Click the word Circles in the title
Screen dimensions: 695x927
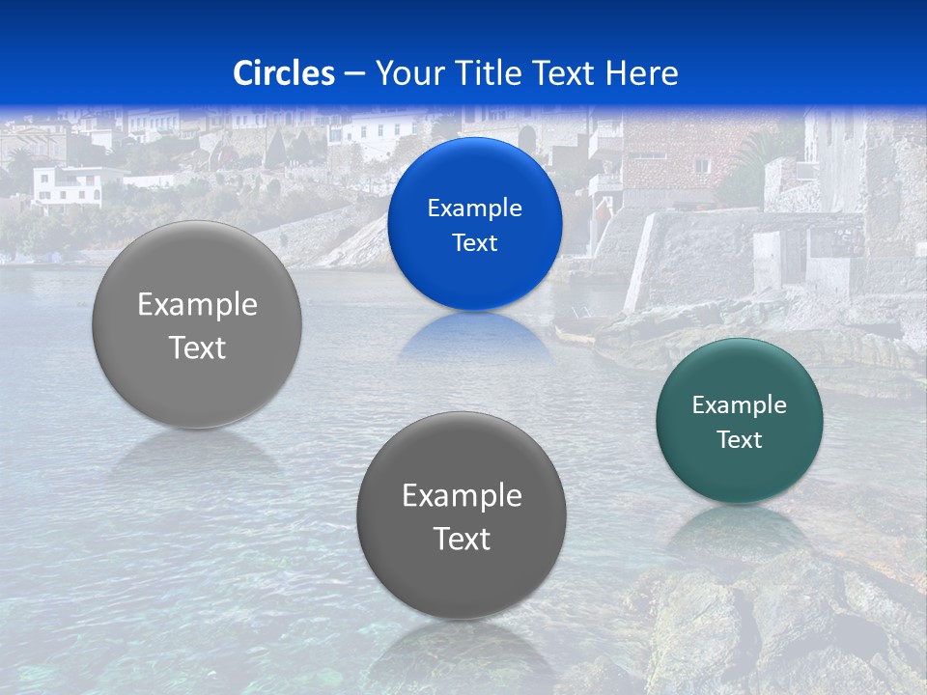tap(283, 73)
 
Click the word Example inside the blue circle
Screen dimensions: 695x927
tap(474, 208)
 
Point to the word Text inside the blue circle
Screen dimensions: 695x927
tap(474, 242)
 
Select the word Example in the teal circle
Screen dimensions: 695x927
tap(739, 404)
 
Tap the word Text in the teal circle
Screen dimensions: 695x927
tap(739, 439)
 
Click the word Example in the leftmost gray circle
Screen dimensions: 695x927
tap(197, 304)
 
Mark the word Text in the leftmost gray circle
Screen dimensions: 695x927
tap(197, 347)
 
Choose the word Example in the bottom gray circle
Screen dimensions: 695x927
tap(462, 495)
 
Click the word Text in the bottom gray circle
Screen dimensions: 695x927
tap(462, 539)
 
